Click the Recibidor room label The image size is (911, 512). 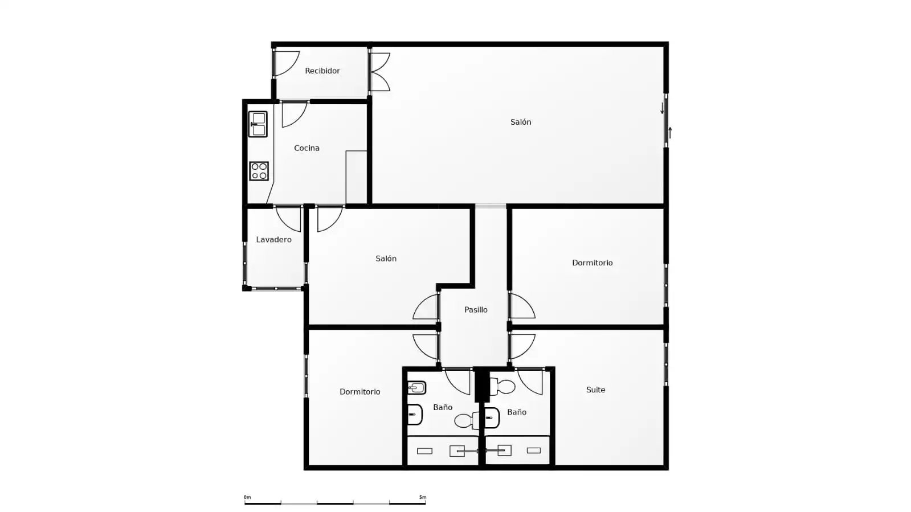coord(322,71)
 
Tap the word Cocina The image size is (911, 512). coord(307,148)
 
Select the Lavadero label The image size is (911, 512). coord(273,240)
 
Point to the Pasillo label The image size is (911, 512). coord(476,310)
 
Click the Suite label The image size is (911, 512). coord(595,390)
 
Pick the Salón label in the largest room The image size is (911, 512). coord(521,122)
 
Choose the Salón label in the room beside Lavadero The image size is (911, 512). coord(386,258)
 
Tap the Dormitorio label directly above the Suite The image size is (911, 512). coord(592,263)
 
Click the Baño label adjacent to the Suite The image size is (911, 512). coord(517,412)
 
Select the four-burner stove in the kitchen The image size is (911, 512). coord(259,171)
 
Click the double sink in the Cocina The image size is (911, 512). coord(258,124)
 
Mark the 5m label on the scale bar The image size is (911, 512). coord(423,497)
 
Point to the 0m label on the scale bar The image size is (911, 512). coord(247,497)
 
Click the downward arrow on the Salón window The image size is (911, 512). coord(662,108)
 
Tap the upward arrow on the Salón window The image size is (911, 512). coord(670,133)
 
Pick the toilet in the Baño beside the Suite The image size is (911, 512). coord(502,386)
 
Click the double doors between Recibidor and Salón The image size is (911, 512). coord(380,72)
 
